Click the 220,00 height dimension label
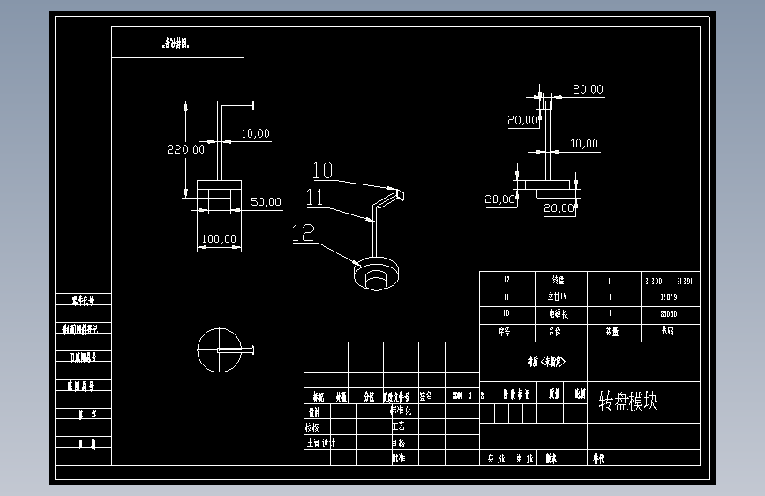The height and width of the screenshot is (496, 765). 185,149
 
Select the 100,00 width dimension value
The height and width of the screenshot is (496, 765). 219,238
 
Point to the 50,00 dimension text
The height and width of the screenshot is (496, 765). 266,202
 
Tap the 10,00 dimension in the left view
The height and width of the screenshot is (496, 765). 255,133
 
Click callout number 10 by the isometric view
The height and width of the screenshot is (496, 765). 322,169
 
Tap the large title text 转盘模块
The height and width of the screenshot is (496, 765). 628,402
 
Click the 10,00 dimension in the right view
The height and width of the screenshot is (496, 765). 583,144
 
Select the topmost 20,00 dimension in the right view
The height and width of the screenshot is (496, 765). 588,89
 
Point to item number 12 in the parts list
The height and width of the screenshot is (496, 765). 506,281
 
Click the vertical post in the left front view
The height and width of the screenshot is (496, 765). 219,141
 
